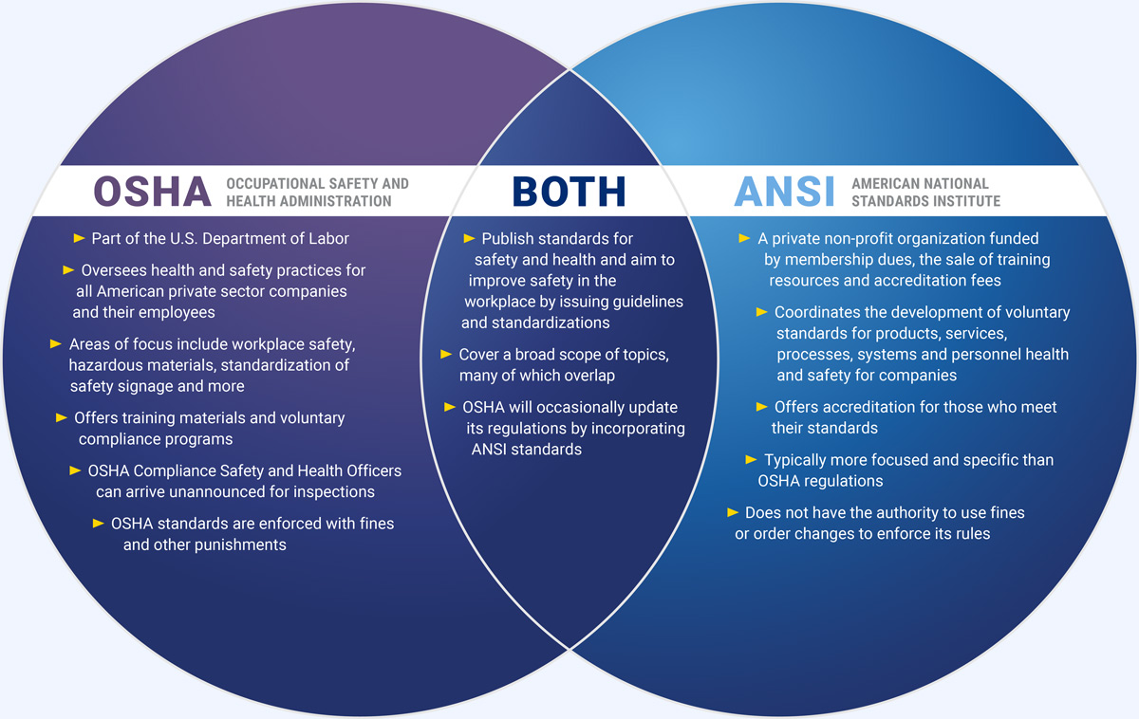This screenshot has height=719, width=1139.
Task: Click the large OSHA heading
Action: (152, 192)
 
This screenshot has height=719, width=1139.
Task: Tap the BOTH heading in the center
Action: (569, 192)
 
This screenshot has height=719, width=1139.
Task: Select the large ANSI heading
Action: (784, 192)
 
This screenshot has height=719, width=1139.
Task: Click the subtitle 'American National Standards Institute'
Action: (925, 192)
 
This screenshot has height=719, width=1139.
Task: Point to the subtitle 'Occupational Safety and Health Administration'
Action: (317, 192)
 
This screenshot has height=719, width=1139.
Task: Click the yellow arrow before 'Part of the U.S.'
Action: (79, 237)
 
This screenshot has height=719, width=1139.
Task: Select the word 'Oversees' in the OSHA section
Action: (111, 270)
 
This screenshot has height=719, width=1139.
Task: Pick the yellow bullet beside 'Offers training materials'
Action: (62, 416)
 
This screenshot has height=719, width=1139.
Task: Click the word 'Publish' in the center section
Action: (510, 239)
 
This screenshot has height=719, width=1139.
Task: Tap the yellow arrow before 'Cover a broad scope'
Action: (446, 354)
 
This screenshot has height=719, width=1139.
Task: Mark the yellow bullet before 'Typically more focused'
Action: (752, 459)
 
